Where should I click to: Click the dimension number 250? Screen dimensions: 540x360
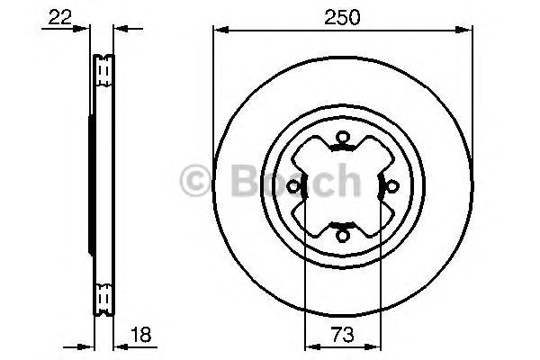(x=342, y=17)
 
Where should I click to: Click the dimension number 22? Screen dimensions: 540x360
(x=59, y=17)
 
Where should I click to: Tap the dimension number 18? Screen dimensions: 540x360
(x=141, y=335)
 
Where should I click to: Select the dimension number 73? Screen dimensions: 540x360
(x=342, y=335)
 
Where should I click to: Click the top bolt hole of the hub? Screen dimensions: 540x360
(x=342, y=137)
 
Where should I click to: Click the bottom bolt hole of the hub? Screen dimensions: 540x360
(x=342, y=236)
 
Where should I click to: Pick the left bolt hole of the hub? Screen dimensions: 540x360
(x=293, y=186)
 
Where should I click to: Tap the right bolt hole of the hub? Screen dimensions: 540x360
(x=391, y=186)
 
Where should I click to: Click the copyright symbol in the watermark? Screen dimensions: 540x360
(x=195, y=180)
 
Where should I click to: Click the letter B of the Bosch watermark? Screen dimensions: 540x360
(x=246, y=180)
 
